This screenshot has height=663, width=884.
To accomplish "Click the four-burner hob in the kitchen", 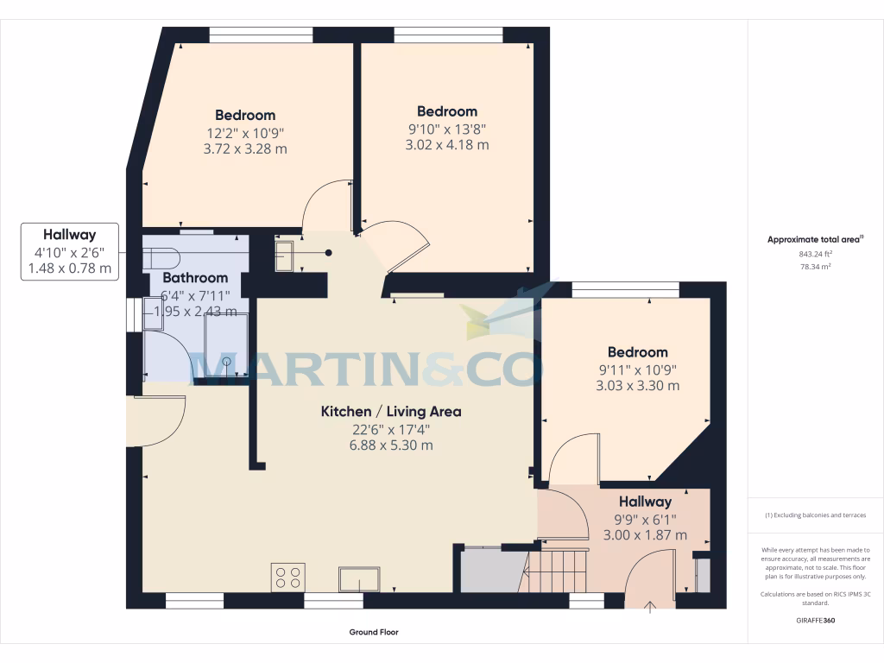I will [288, 577].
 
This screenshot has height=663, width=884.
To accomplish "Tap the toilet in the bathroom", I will [161, 257].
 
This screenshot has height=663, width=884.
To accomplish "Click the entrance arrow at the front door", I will [650, 607].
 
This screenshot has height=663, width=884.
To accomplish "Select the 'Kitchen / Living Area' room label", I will [391, 412].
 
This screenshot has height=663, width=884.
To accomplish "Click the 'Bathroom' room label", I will [195, 278].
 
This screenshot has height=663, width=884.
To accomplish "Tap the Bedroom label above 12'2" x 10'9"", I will [245, 115].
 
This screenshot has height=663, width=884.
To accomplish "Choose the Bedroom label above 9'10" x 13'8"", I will [447, 111].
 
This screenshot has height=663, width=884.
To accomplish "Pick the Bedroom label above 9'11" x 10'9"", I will [637, 352].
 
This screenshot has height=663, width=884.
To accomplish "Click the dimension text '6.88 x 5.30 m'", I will [391, 445].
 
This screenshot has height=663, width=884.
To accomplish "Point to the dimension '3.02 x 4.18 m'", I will [447, 145].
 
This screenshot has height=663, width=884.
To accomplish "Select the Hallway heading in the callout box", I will [69, 234].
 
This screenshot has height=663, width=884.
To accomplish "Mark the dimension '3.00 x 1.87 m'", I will [644, 535].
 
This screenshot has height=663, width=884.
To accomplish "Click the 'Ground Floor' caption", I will [374, 632].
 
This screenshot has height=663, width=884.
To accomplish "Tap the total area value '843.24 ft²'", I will [816, 255].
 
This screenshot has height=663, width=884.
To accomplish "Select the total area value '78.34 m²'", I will [816, 268].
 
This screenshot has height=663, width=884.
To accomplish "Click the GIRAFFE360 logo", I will [816, 621].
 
